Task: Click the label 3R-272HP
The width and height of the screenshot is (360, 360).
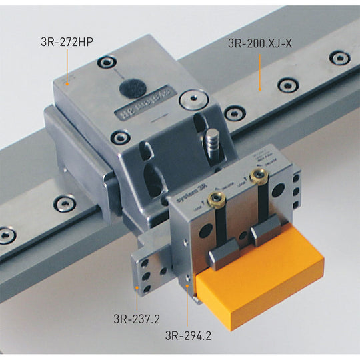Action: (x=66, y=39)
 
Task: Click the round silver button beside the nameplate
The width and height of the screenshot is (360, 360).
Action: (x=191, y=100)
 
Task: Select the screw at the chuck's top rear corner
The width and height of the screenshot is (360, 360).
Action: (x=107, y=63)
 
